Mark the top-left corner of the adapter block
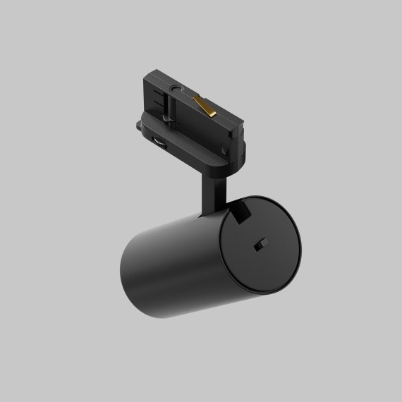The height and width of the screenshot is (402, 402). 149,74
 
